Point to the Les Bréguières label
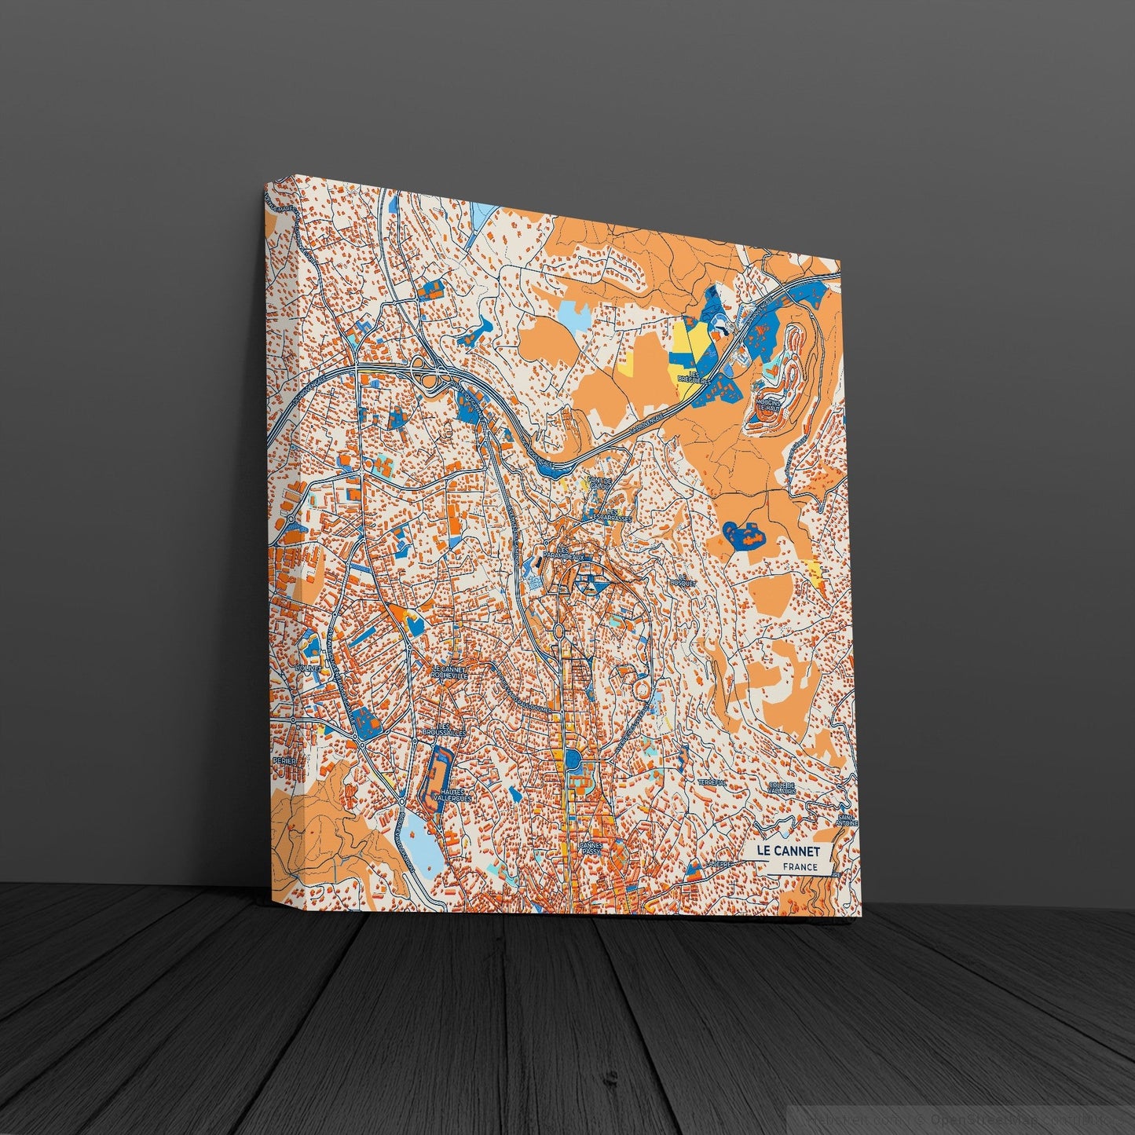[x=693, y=378]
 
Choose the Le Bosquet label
[x=679, y=583]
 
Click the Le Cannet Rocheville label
[x=449, y=672]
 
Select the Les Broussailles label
[x=444, y=730]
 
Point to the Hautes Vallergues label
[x=454, y=795]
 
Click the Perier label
[x=281, y=761]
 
